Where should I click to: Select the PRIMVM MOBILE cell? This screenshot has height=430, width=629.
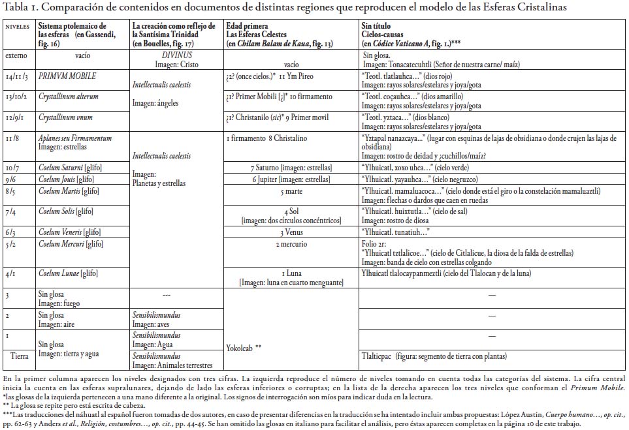(67, 76)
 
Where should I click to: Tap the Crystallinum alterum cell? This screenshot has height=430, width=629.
(69, 97)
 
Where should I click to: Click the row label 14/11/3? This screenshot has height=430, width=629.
(18, 76)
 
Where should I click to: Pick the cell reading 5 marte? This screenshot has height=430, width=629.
(291, 192)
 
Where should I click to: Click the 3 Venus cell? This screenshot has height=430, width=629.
(291, 232)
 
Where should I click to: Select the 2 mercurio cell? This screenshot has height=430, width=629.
(291, 243)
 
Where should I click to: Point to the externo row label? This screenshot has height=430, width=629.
(16, 56)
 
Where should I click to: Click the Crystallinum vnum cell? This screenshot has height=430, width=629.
(65, 117)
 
